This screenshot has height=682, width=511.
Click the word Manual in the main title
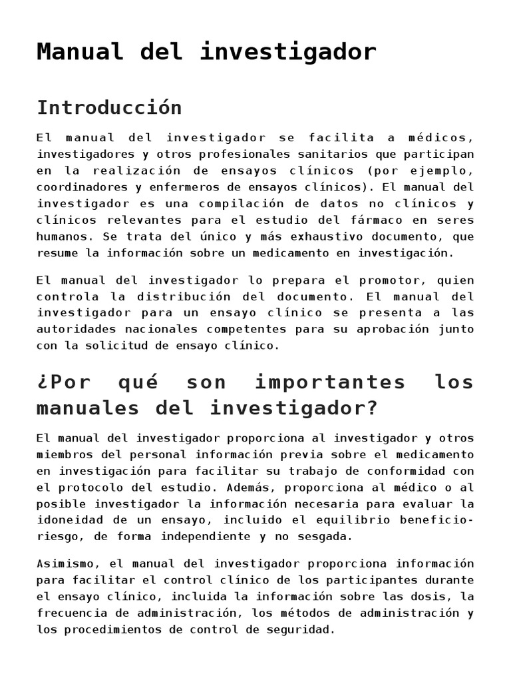80,52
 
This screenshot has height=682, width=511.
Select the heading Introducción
109,107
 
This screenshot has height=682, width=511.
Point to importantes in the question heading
330,383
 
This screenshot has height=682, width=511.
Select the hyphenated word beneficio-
435,520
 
